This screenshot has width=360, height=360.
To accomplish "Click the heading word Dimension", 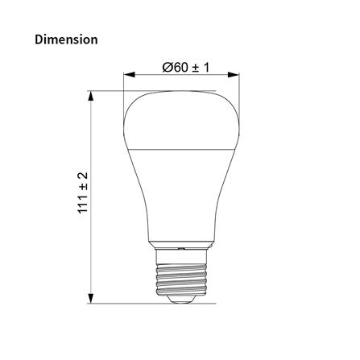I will click(x=67, y=39).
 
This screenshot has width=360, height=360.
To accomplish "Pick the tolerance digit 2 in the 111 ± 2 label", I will click(x=81, y=176).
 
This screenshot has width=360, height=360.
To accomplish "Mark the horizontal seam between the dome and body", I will click(x=182, y=149).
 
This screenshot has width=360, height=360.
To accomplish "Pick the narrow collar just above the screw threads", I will click(x=182, y=244).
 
